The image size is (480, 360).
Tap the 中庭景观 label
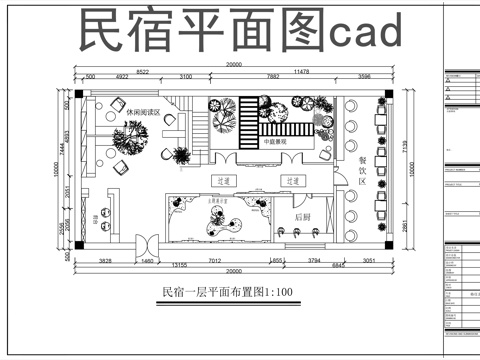click(277, 142)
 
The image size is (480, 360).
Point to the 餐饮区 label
click(362, 171)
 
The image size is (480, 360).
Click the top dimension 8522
click(143, 71)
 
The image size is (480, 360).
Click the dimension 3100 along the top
click(186, 77)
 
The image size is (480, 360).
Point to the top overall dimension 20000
click(233, 65)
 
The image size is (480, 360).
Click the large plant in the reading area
click(127, 143)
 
